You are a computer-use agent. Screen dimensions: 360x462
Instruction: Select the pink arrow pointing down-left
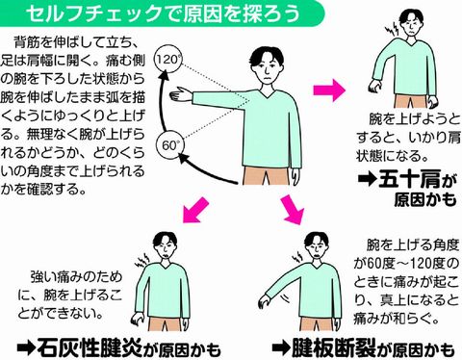(196, 207)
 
